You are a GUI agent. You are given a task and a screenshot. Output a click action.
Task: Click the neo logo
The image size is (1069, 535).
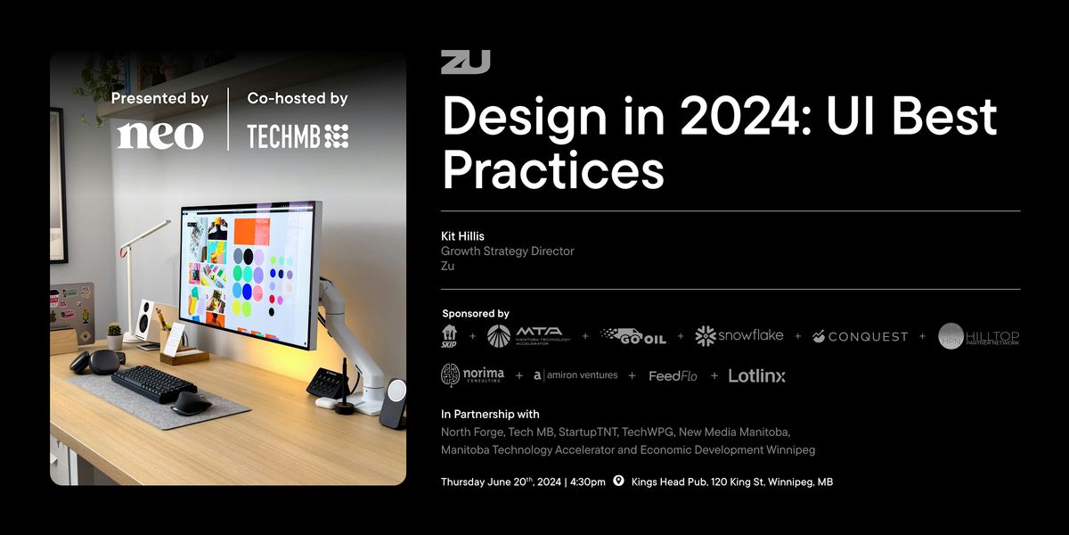pos(160,135)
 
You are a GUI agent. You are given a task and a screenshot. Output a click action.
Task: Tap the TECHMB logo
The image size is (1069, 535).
pos(298,136)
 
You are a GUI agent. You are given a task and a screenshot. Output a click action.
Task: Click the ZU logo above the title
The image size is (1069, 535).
pos(465,62)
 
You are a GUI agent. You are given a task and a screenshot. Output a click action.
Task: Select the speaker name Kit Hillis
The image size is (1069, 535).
pos(462,236)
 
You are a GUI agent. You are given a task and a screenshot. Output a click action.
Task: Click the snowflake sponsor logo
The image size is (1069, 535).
pos(739,336)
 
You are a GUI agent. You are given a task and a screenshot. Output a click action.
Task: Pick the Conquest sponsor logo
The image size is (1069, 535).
pos(860,336)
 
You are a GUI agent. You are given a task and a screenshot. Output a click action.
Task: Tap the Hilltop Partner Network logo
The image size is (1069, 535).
pos(979,336)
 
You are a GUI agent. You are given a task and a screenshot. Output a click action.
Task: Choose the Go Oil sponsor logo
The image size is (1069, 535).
pos(633,336)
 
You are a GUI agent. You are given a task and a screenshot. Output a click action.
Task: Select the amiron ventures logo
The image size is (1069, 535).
pos(575,375)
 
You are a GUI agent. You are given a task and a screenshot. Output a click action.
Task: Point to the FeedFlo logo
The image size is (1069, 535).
pos(673,376)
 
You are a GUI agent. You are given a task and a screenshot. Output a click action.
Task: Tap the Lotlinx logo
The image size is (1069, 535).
pos(756,375)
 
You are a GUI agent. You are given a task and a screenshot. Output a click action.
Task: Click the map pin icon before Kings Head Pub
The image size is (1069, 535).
pos(618,481)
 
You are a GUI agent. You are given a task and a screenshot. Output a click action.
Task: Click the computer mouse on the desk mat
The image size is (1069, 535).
pos(191,402)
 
